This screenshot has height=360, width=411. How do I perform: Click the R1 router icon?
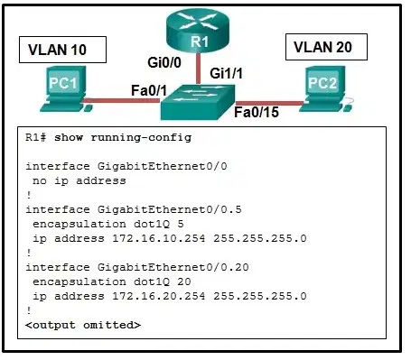coord(198,31)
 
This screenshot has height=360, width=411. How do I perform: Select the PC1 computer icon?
coord(65,89)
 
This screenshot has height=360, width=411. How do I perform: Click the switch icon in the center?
coord(198,102)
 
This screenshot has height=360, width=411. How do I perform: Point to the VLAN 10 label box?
coord(62,50)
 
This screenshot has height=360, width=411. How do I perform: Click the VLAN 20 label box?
coord(326,47)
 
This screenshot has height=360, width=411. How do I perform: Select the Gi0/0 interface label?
coord(164,62)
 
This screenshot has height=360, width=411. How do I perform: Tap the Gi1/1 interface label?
coord(226,73)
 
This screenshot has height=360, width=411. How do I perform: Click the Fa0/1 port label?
coord(149,90)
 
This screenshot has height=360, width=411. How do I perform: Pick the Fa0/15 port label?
coord(257,112)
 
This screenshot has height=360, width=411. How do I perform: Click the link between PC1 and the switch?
coord(122,100)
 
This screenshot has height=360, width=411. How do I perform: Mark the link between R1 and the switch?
coord(198,69)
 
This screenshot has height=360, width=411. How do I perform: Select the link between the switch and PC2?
coord(270,104)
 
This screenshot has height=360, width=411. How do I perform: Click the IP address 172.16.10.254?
coord(159,238)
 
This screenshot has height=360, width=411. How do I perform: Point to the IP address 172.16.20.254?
coord(159,296)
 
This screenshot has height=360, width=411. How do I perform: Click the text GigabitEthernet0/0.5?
coord(170,209)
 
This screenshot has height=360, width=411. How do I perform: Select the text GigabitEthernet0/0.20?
coord(173,267)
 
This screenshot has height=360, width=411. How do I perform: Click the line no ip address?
coord(79,181)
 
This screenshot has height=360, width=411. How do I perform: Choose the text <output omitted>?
coord(83,325)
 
